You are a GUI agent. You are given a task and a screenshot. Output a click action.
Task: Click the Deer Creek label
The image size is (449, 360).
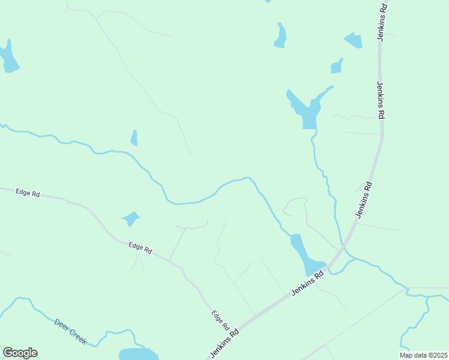click(71, 332)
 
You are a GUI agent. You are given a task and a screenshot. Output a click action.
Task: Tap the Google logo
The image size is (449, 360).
click(20, 353)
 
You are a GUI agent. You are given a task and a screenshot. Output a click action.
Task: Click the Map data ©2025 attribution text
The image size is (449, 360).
click(424, 355)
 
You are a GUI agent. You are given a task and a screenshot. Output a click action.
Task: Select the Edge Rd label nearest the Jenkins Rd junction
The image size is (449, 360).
click(220, 320)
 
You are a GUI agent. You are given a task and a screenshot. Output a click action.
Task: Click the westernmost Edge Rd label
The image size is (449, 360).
click(28, 193)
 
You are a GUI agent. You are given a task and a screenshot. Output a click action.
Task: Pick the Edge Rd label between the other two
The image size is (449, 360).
click(140, 247)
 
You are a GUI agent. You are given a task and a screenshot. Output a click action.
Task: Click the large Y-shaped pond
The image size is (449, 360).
click(308, 108)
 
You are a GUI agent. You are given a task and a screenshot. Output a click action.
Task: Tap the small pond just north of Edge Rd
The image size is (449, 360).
click(130, 218)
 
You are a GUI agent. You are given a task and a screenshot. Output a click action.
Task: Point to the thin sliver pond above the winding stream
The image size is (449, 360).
click(134, 138)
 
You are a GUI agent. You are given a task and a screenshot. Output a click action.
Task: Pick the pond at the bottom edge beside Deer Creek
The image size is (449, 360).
click(138, 354)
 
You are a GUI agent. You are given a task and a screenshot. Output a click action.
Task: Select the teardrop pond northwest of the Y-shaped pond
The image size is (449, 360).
click(280, 36)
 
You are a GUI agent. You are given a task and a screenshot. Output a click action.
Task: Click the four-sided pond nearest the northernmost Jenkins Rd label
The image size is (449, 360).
click(354, 41)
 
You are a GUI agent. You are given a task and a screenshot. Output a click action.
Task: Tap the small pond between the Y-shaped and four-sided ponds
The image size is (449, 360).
click(336, 67)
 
